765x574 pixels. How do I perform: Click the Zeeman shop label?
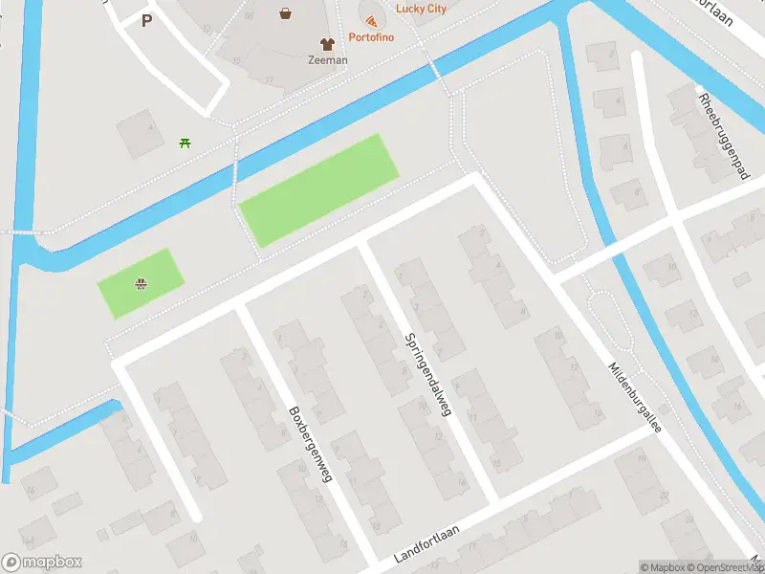pyautogui.click(x=328, y=59)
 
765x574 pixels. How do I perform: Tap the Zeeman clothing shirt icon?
pyautogui.click(x=328, y=44)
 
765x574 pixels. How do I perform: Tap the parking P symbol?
pyautogui.click(x=146, y=20)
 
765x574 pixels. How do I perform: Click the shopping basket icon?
pyautogui.click(x=286, y=13)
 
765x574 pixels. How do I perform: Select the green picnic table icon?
pyautogui.click(x=185, y=143)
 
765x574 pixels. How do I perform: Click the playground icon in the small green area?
pyautogui.click(x=142, y=282)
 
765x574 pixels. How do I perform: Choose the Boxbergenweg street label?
pyautogui.click(x=310, y=444)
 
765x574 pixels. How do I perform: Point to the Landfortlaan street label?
pyautogui.click(x=427, y=546)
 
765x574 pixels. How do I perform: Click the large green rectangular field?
pyautogui.click(x=317, y=189)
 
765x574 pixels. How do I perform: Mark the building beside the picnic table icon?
pyautogui.click(x=140, y=132)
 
